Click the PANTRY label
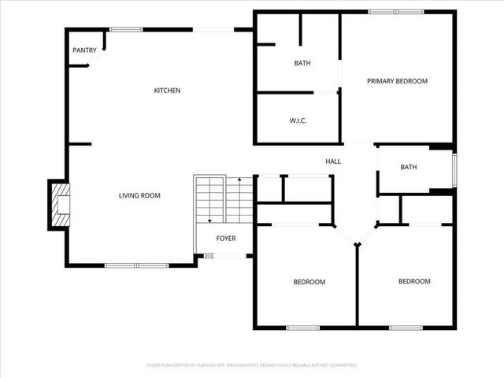click(84, 50)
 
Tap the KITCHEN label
click(167, 91)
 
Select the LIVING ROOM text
click(140, 195)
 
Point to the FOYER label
click(226, 239)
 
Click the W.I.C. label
click(298, 120)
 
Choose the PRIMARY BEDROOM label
click(397, 81)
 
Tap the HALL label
click(333, 161)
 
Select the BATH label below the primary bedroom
click(408, 167)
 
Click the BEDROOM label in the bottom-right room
click(414, 282)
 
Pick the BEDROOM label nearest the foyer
click(309, 282)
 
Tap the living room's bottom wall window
click(137, 265)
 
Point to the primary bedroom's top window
click(396, 12)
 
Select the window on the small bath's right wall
click(454, 169)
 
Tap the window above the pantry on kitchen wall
click(126, 30)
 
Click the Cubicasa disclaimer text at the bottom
click(252, 365)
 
